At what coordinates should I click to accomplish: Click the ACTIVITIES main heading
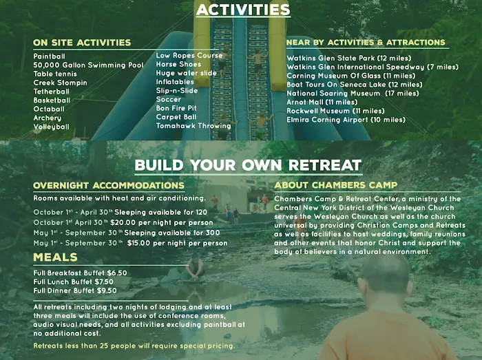[x=242, y=10]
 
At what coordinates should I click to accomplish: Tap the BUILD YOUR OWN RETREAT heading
[x=248, y=165]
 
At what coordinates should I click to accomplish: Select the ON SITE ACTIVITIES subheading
[x=82, y=43]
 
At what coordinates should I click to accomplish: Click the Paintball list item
[x=50, y=56]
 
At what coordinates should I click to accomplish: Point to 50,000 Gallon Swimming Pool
[x=88, y=65]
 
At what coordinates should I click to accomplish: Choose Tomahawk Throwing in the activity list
[x=193, y=126]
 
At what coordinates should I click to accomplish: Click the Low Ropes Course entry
[x=189, y=55]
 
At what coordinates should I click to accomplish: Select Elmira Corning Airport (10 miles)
[x=346, y=120]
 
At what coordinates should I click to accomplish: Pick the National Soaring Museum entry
[x=353, y=93]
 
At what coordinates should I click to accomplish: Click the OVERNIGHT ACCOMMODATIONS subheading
[x=109, y=186]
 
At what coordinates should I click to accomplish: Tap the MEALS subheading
[x=54, y=257]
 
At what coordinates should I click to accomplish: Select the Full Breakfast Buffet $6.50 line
[x=80, y=273]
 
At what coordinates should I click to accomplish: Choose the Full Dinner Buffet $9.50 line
[x=75, y=290]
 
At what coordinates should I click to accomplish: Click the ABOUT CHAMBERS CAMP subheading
[x=335, y=185]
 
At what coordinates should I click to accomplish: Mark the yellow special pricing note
[x=134, y=346]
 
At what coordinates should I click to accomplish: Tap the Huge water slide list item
[x=186, y=73]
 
